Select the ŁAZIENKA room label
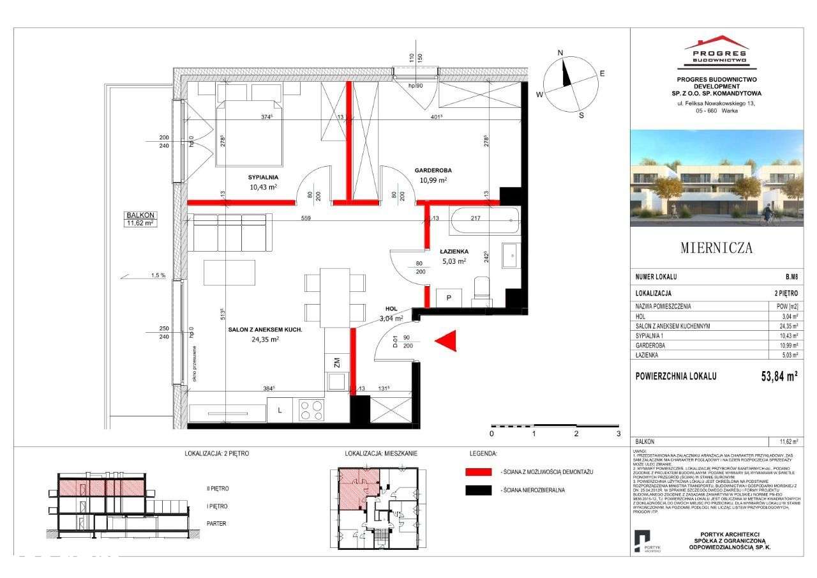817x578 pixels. point(454,252)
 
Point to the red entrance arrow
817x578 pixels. point(447,342)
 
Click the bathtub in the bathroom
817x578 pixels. point(484,222)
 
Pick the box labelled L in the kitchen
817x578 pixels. point(280,410)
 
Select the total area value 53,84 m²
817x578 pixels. point(775,376)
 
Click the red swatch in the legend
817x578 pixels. point(479,471)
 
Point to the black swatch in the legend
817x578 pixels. point(479,491)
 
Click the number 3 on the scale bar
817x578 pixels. point(618,434)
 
